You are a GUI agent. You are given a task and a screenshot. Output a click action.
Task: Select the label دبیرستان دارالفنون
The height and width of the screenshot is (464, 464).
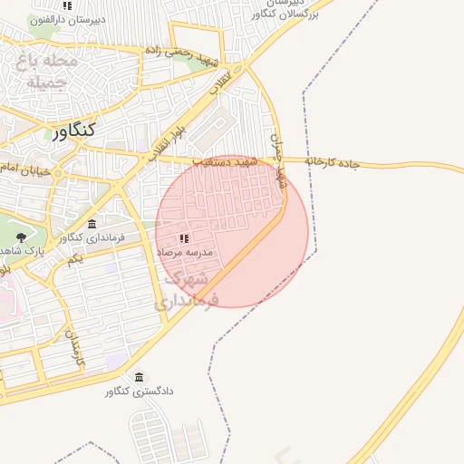pyautogui.click(x=67, y=19)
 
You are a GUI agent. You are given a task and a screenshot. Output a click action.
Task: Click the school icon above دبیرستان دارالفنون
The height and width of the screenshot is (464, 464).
pyautogui.click(x=66, y=5)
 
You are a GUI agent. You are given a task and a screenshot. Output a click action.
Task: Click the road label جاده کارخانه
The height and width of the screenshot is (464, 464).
pyautogui.click(x=333, y=162)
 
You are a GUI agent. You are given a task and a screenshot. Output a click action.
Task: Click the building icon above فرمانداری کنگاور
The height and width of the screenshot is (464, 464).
pyautogui.click(x=92, y=224)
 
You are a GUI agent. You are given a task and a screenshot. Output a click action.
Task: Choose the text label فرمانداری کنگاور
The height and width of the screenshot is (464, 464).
pyautogui.click(x=90, y=237)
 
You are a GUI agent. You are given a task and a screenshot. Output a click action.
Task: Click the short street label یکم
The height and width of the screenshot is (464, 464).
pyautogui.click(x=76, y=259)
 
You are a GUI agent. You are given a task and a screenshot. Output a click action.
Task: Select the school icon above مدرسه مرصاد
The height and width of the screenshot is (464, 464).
pyautogui.click(x=184, y=238)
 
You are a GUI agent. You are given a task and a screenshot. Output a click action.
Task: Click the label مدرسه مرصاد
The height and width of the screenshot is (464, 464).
pyautogui.click(x=184, y=251)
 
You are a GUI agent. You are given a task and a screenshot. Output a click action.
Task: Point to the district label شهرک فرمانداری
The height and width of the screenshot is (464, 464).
pyautogui.click(x=187, y=289)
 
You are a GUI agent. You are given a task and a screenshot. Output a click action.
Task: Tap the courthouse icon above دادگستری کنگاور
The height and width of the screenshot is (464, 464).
pyautogui.click(x=139, y=377)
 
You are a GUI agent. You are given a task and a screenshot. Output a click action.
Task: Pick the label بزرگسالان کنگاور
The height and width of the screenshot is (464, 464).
pyautogui.click(x=261, y=14)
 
